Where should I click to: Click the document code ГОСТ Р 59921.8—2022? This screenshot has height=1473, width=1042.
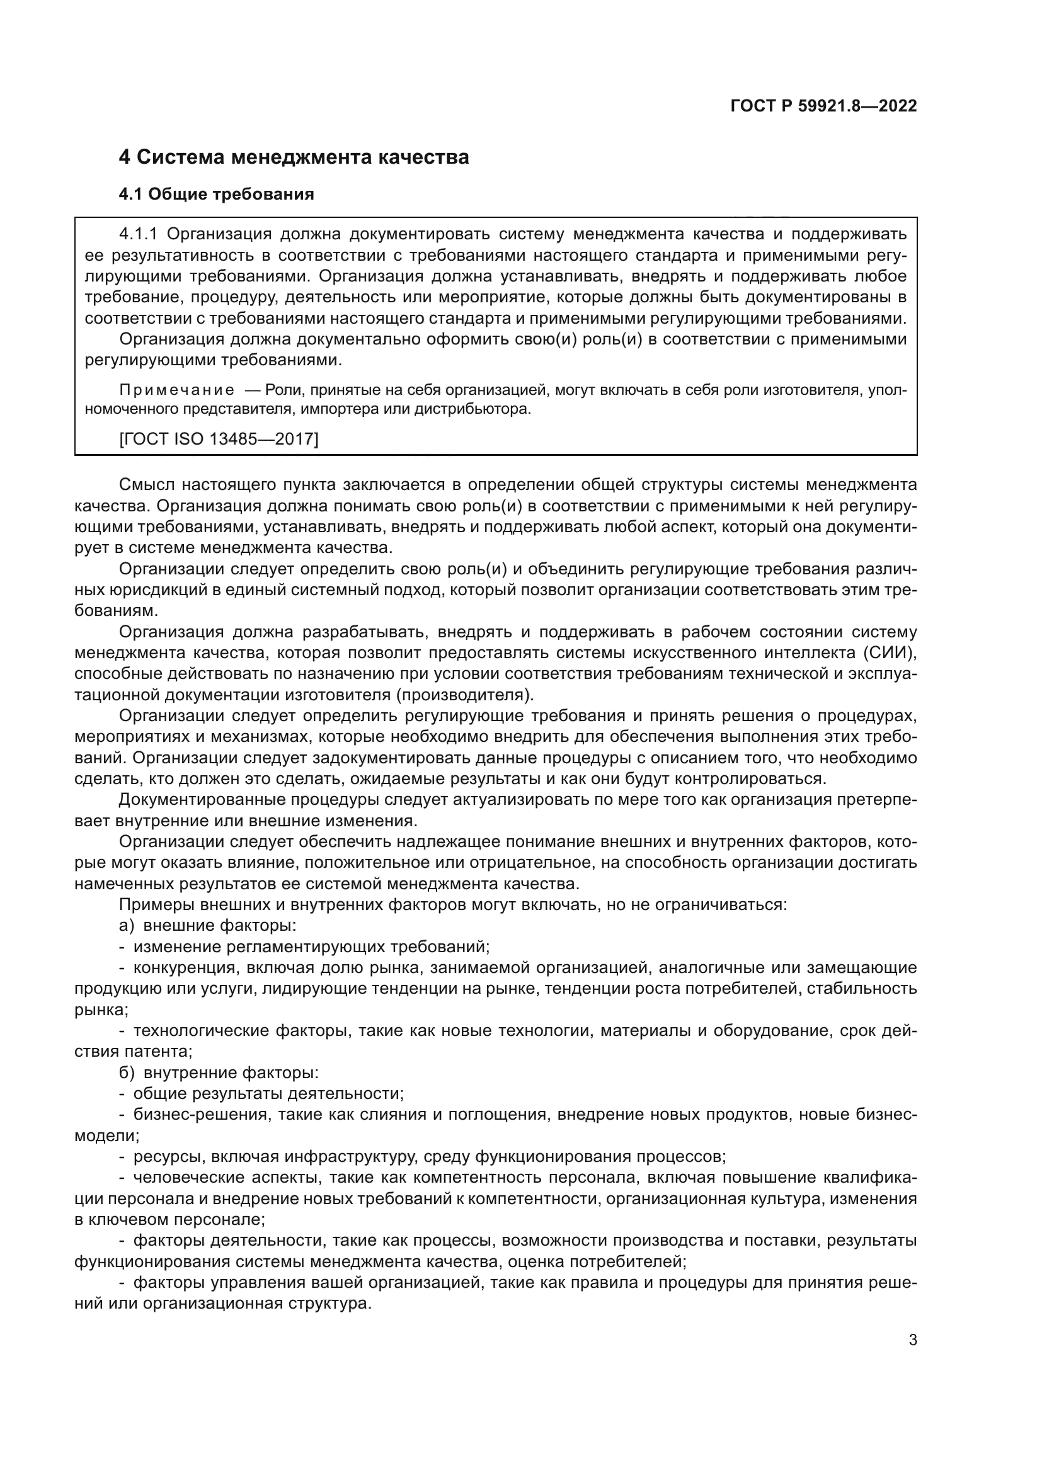tap(823, 106)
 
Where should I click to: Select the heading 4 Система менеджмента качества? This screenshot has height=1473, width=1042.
tap(294, 157)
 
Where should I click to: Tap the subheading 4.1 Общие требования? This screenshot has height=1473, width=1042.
tap(216, 194)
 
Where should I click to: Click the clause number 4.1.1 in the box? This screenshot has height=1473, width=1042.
tap(139, 234)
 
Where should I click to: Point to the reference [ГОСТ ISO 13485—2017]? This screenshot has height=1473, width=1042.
tap(219, 439)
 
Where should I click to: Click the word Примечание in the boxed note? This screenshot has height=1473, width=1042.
tap(176, 390)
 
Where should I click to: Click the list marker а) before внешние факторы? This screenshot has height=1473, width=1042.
tap(127, 925)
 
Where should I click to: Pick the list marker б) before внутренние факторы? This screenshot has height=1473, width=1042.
tap(127, 1072)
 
